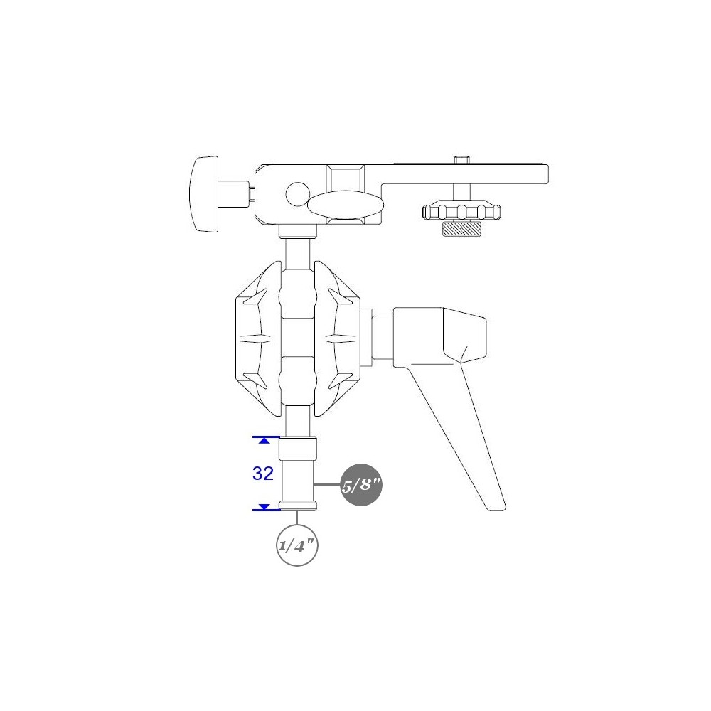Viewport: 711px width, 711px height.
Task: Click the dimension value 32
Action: point(263,474)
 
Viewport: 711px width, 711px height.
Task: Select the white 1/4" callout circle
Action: point(296,545)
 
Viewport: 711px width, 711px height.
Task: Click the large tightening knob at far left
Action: point(203,193)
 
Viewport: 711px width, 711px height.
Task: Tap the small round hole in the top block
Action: point(296,193)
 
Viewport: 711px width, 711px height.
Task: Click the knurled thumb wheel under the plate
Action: point(461,212)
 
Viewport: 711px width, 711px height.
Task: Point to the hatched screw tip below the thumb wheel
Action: point(461,229)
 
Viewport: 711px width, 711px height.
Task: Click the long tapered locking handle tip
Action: point(495,501)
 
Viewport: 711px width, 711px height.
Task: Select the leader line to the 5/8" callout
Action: point(328,485)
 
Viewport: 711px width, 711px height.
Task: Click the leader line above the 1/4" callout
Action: point(296,518)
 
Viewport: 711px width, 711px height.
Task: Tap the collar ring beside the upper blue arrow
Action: point(297,449)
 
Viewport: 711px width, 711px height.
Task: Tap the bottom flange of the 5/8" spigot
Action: point(297,506)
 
